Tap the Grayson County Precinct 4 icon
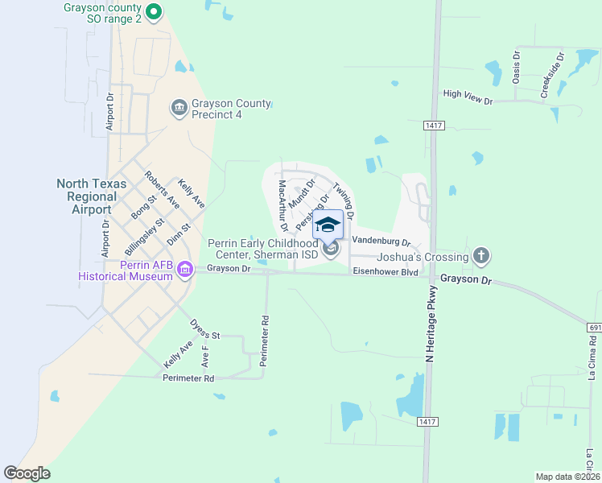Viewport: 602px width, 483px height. point(179,107)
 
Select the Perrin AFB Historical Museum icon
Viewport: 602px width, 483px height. point(186,269)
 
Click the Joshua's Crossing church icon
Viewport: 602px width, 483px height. point(481,257)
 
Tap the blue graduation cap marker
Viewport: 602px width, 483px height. point(328,225)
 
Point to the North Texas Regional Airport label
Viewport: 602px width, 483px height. point(91,196)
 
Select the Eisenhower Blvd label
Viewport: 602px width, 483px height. point(385,273)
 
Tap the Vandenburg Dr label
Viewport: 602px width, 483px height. point(381,241)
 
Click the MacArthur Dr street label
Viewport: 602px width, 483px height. point(283,205)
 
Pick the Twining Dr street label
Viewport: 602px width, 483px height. point(345,198)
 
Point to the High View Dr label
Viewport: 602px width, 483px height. point(468,97)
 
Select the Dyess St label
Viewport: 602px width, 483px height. point(204,329)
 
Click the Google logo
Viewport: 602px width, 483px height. point(27,473)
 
